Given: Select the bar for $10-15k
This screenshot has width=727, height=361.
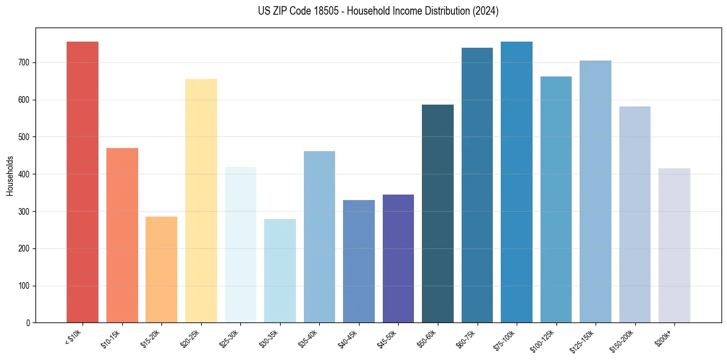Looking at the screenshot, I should click(122, 235).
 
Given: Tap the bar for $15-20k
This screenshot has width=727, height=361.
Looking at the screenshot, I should click(161, 269).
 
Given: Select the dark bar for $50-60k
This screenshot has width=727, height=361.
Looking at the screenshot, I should click(438, 214).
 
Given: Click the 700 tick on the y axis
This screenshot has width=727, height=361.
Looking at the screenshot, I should click(24, 62).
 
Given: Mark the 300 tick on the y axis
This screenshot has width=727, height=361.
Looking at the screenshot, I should click(24, 211).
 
